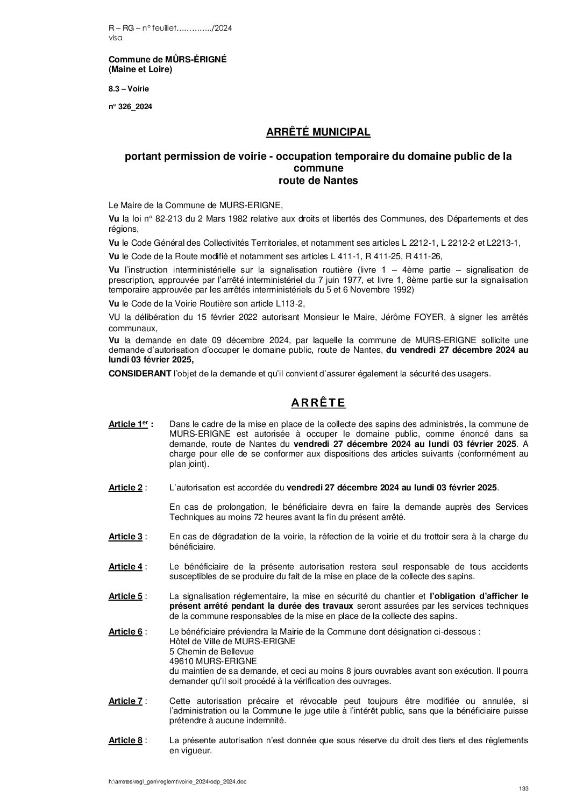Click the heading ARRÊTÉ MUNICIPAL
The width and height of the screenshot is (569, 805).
click(318, 132)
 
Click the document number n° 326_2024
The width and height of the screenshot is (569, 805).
click(130, 107)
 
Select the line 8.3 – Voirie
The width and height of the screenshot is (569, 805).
click(129, 88)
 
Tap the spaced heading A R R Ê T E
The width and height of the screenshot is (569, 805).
click(318, 403)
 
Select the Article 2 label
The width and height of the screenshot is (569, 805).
click(125, 488)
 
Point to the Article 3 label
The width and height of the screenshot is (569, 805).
click(125, 537)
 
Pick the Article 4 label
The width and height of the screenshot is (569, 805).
click(125, 567)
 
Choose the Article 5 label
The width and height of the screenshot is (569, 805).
click(125, 596)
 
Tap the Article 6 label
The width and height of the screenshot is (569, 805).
click(125, 632)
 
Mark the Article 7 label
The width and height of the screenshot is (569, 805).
click(125, 701)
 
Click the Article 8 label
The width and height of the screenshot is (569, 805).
click(125, 741)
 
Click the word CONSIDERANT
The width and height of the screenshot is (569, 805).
click(137, 374)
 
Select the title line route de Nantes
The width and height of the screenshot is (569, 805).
click(318, 181)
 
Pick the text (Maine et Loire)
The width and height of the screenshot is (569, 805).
click(140, 69)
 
